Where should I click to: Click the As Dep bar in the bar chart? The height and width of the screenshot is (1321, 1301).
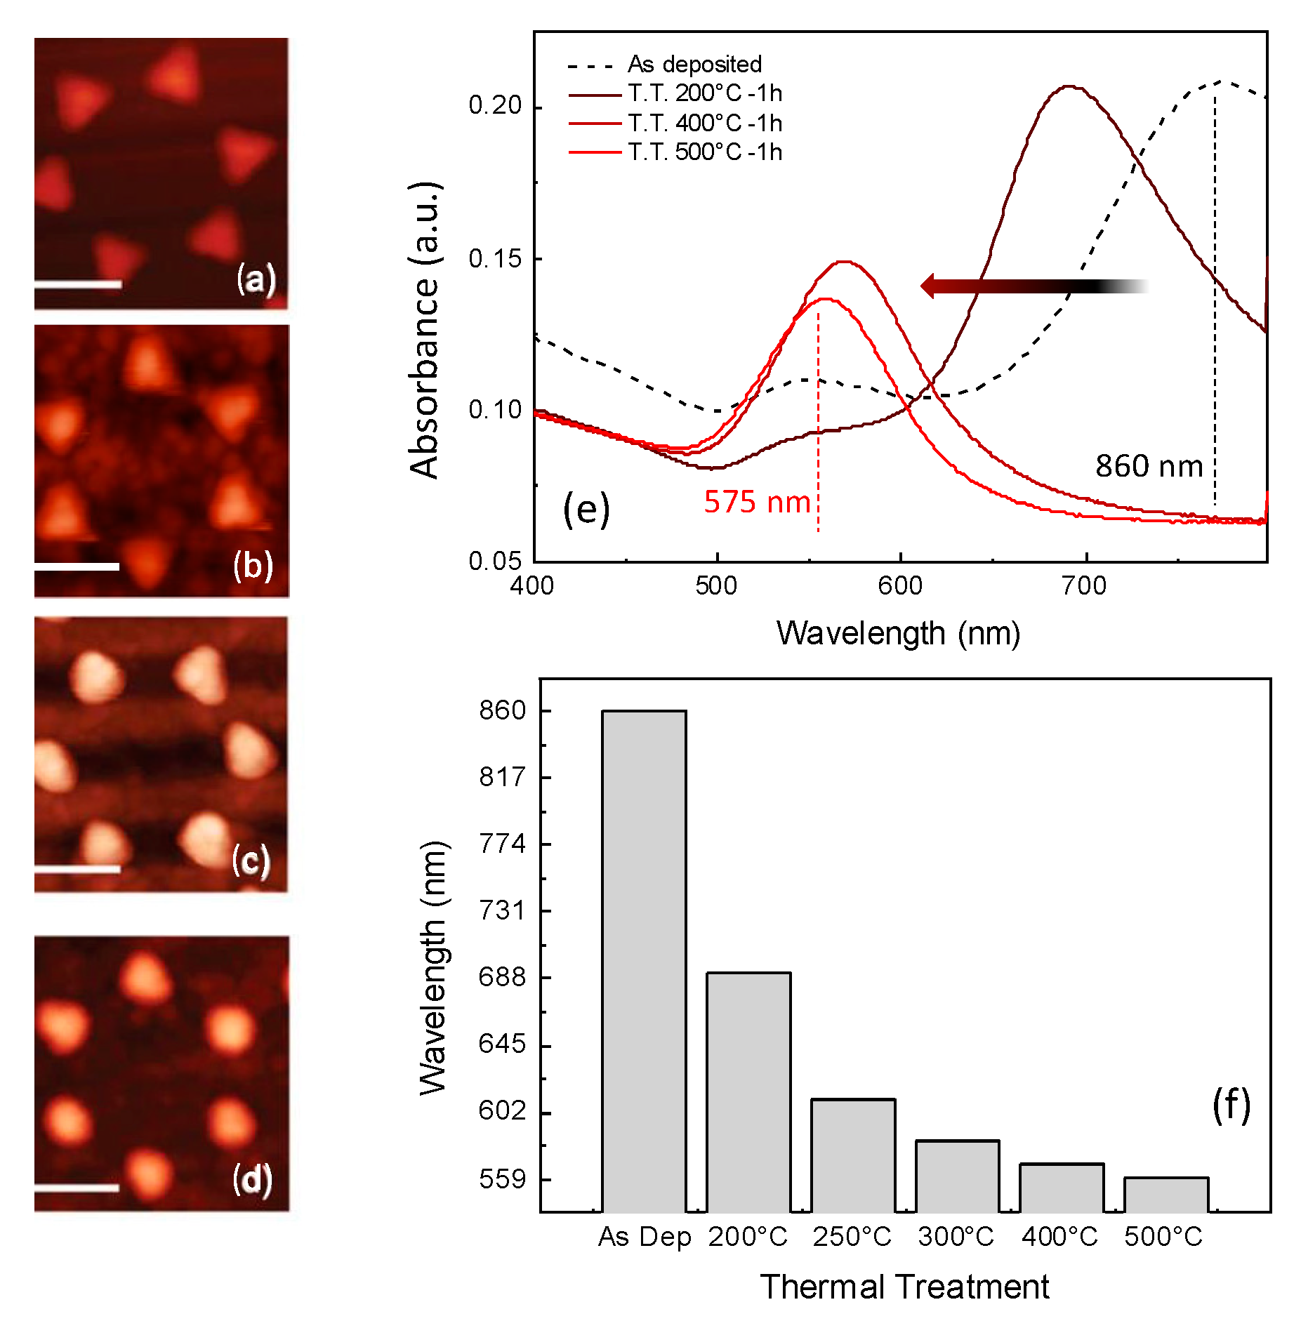643,961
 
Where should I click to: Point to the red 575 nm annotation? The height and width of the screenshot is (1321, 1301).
757,503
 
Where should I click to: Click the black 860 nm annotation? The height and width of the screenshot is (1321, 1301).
1149,466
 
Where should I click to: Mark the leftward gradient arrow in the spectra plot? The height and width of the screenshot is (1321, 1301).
1032,286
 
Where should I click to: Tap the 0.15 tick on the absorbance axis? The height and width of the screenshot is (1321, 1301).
495,259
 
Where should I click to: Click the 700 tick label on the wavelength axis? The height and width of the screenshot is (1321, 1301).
1084,586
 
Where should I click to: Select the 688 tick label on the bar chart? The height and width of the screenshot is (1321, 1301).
501,977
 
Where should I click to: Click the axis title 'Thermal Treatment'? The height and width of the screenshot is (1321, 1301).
904,1287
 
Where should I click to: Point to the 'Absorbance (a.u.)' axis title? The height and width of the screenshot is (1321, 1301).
424,330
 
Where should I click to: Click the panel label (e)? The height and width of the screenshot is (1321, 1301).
586,510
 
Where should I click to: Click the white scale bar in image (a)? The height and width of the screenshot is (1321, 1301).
77,284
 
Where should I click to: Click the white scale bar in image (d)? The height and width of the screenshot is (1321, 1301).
77,1188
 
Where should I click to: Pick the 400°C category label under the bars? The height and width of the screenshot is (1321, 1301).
1059,1236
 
